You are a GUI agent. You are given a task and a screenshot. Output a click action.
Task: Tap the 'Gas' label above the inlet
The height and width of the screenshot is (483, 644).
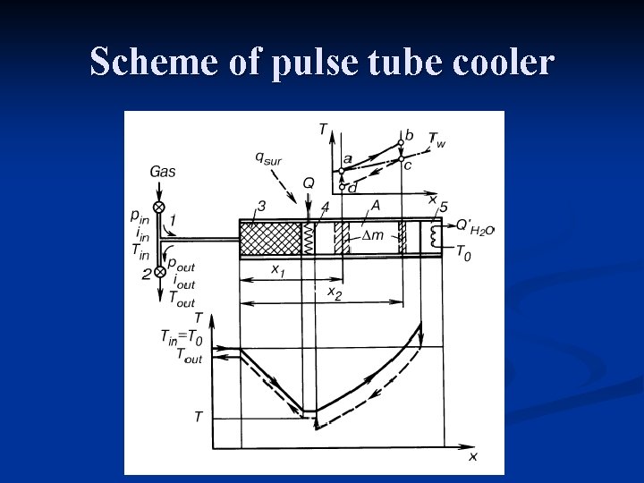click(163, 171)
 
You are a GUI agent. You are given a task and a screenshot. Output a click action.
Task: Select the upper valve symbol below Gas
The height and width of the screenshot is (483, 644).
click(159, 208)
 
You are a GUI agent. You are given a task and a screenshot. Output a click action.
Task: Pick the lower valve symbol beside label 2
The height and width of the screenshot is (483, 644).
click(159, 271)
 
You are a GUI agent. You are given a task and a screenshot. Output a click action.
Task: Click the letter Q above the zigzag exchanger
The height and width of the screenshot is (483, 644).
click(309, 183)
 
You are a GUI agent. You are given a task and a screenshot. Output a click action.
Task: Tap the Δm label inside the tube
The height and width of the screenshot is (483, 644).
click(372, 234)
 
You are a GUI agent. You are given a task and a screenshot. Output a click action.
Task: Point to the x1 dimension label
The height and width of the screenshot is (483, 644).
click(277, 271)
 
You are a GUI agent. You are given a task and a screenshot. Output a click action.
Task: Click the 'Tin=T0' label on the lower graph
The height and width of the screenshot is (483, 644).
click(181, 337)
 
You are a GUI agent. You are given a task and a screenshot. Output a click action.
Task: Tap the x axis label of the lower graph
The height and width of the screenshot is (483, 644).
click(473, 456)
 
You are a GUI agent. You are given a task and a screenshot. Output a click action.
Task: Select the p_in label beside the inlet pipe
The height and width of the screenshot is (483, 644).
click(140, 216)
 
